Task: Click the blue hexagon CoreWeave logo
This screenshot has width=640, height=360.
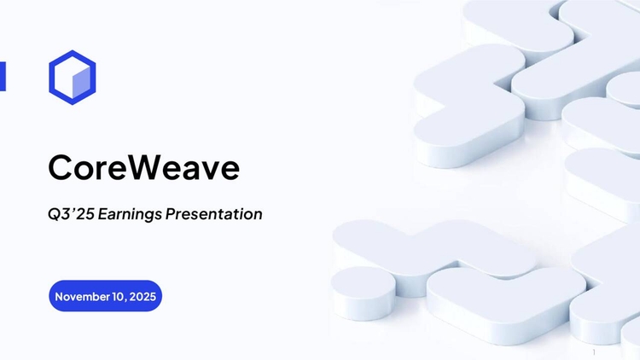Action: [x=72, y=77]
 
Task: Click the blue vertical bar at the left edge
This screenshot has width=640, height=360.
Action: [x=3, y=76]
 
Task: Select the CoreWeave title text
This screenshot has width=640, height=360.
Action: [x=143, y=167]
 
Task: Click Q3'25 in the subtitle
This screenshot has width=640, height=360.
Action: [x=70, y=214]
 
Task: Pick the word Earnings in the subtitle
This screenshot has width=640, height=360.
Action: [x=129, y=215]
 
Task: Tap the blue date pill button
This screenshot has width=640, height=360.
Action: [x=105, y=296]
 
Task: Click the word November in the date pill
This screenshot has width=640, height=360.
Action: [x=81, y=296]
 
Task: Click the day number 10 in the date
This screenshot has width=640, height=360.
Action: [x=117, y=296]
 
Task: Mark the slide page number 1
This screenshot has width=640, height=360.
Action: [x=593, y=351]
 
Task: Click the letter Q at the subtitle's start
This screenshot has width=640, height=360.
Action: [x=55, y=214]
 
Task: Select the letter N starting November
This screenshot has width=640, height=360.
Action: [x=59, y=296]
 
